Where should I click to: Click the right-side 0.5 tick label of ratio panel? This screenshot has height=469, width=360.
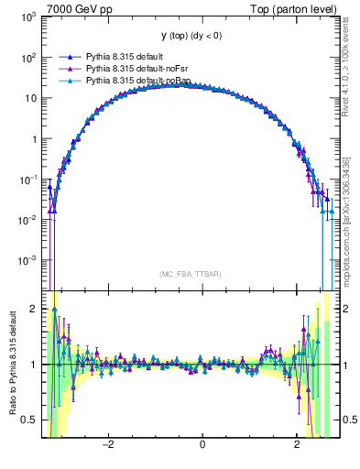click(x=349, y=420)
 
